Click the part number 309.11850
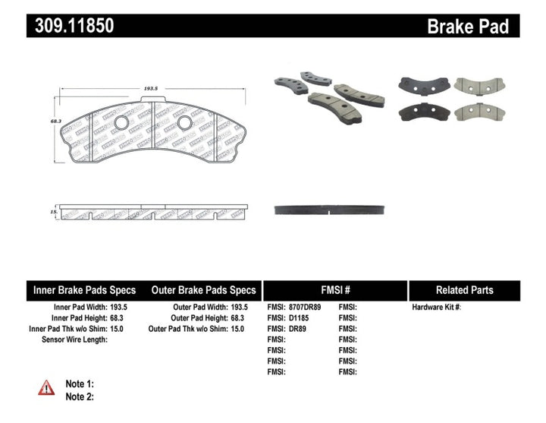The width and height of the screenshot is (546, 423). [x=73, y=27]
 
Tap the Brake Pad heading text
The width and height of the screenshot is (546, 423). [x=467, y=27]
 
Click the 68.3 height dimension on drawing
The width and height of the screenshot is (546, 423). [x=55, y=122]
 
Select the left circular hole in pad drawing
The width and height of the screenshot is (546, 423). [x=121, y=123]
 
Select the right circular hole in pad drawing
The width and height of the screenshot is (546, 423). [x=184, y=123]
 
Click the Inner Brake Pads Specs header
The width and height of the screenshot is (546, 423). [x=84, y=290]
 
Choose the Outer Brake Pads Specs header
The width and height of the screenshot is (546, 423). [x=203, y=290]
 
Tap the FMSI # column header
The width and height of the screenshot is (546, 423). [x=334, y=290]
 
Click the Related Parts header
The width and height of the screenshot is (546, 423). [x=464, y=290]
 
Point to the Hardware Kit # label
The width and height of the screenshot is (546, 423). [x=436, y=308]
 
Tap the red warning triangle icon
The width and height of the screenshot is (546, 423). [x=46, y=387]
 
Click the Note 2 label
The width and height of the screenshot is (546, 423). [x=80, y=396]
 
